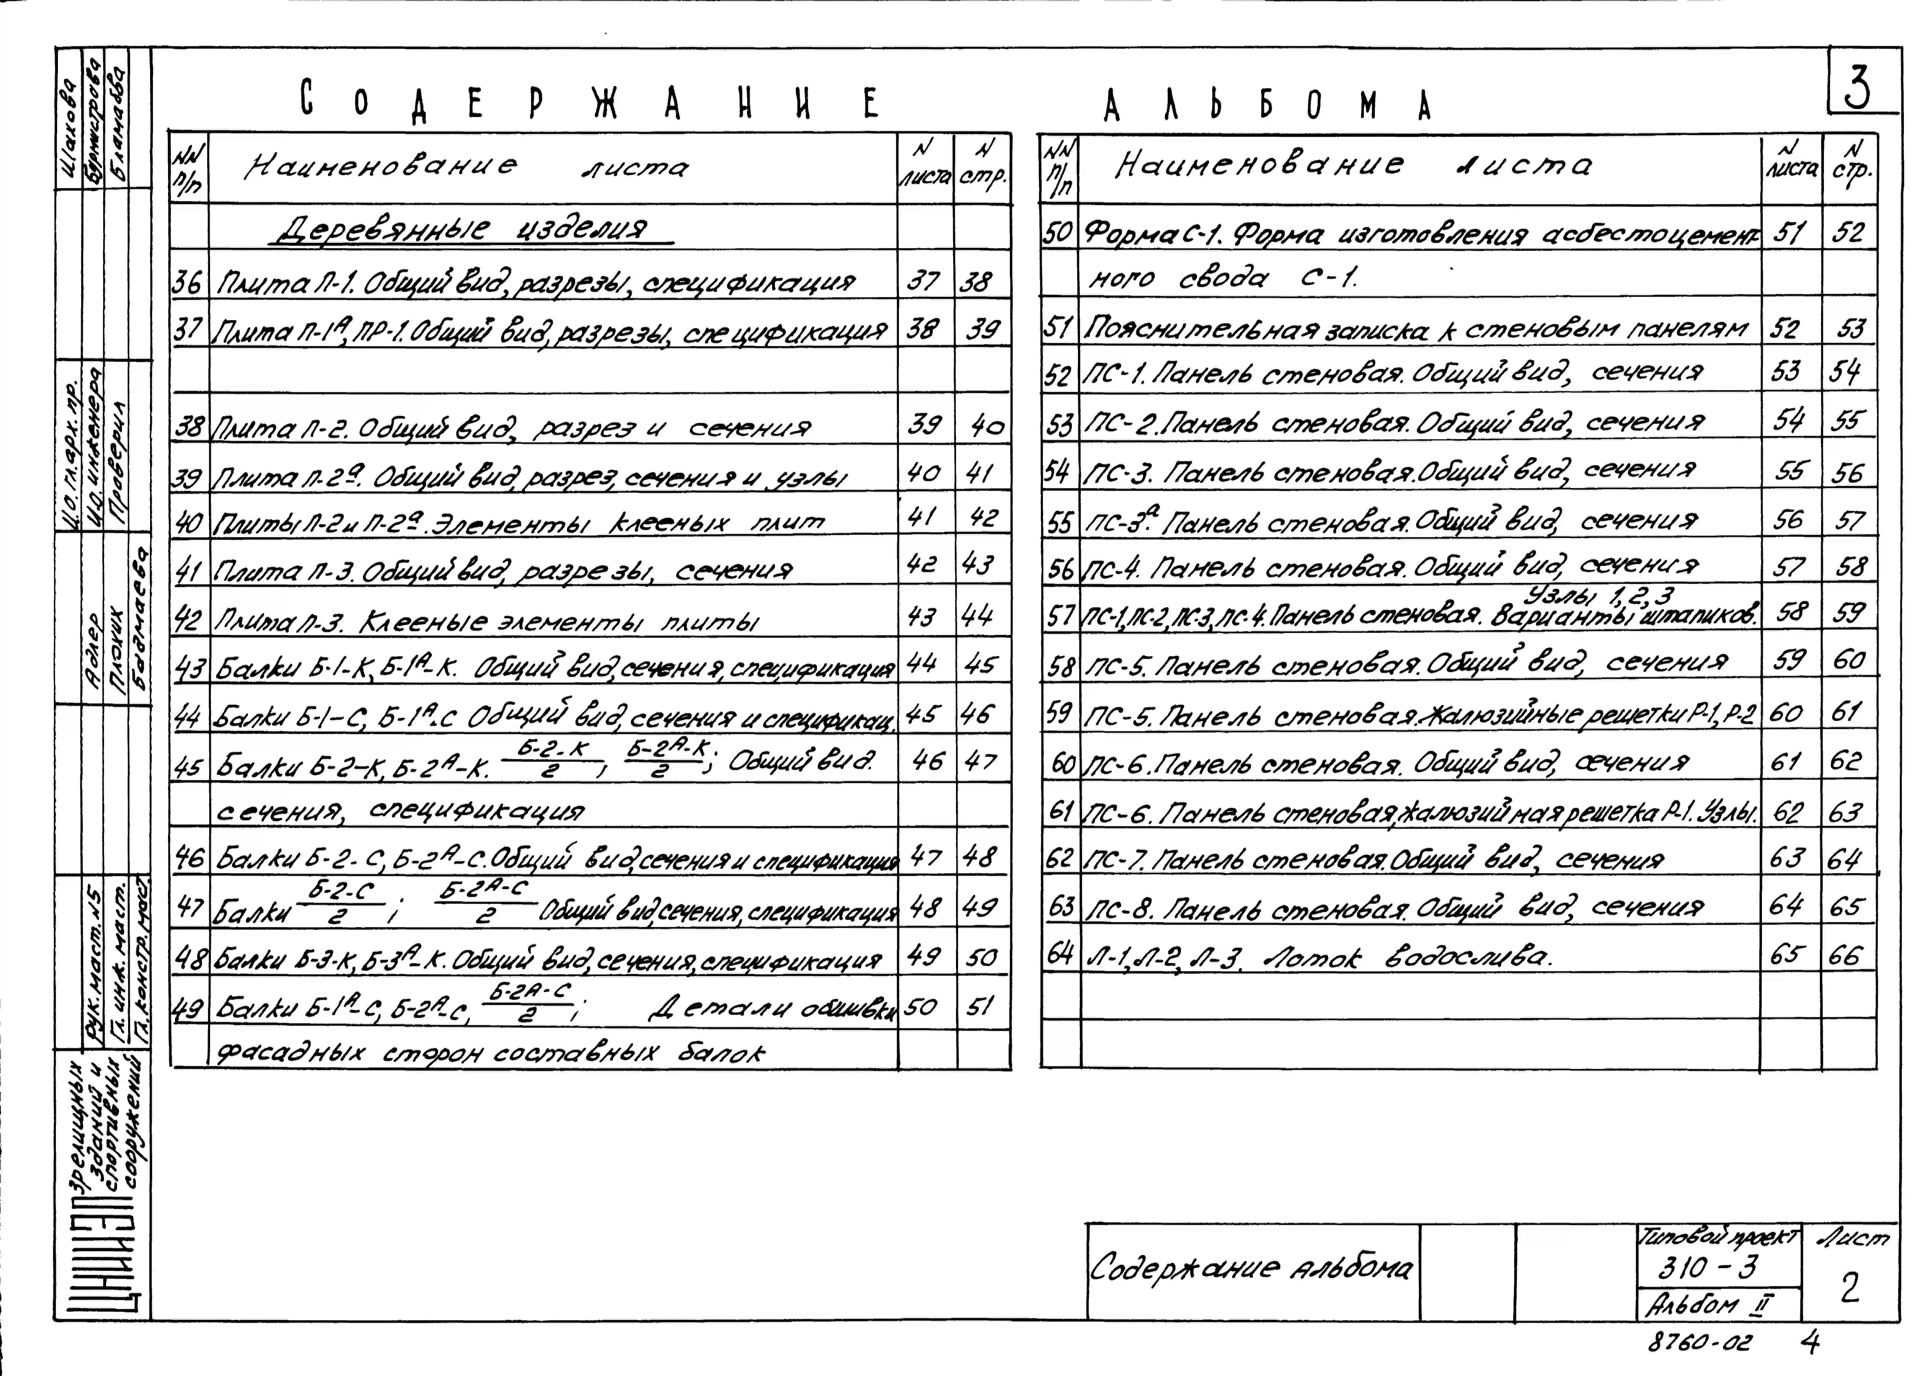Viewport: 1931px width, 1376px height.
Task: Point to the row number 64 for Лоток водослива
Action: (1059, 955)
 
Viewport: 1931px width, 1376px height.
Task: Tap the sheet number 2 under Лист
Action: (1849, 1289)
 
